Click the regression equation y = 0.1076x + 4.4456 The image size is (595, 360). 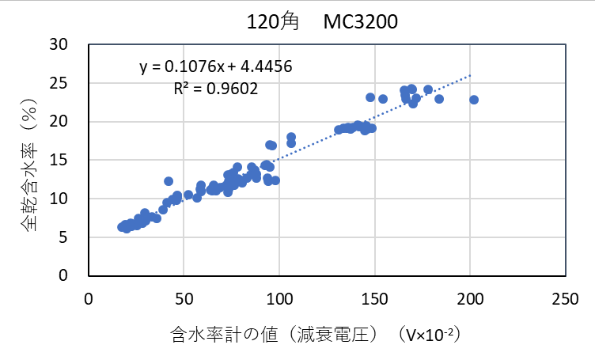216,67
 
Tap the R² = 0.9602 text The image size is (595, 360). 215,89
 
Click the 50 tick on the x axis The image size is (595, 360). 184,301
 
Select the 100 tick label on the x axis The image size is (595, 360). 279,301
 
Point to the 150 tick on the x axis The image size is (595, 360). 374,301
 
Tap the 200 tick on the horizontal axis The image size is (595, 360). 470,301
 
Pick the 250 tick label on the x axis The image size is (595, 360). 565,301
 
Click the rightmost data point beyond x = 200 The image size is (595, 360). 474,100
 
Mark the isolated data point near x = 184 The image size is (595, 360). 439,99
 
